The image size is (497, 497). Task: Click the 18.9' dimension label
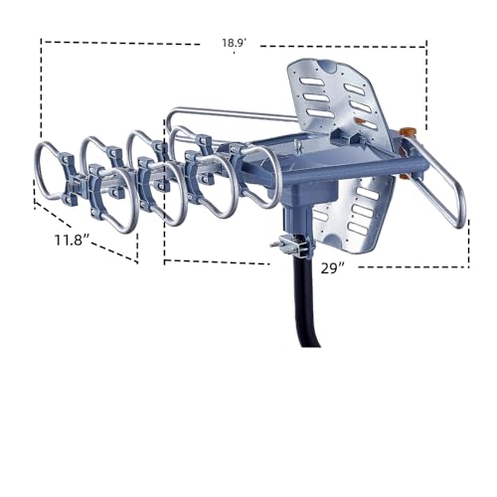tap(235, 44)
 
